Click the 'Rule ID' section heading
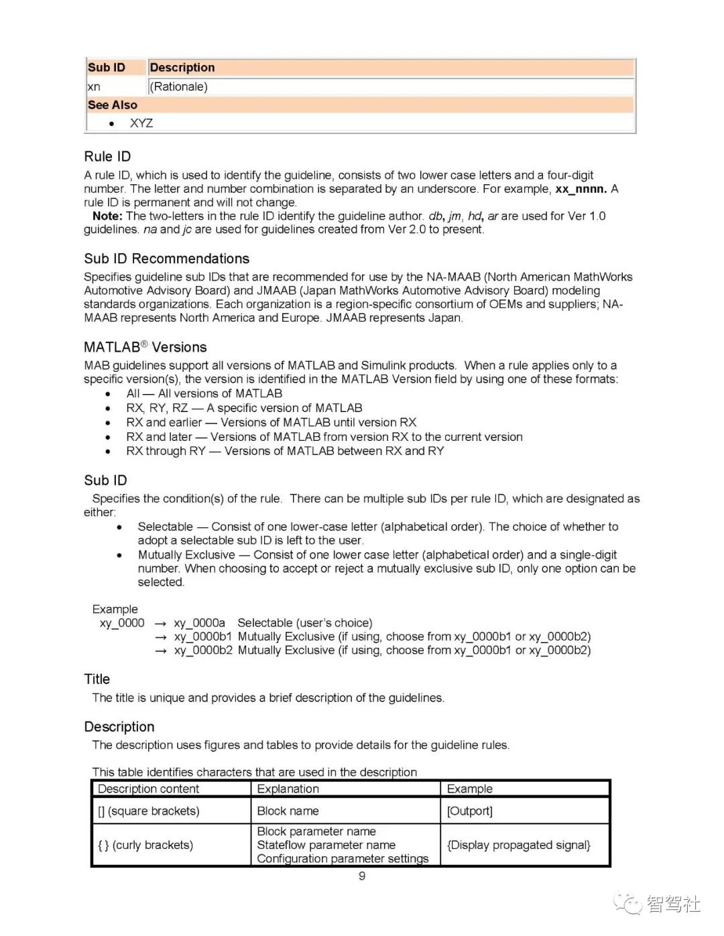tap(107, 156)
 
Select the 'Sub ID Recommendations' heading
tap(166, 259)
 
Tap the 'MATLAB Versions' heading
tap(145, 347)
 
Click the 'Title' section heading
tap(97, 679)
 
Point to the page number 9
tap(362, 876)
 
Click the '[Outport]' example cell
tap(469, 811)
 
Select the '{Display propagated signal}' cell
tap(518, 845)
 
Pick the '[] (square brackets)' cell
tap(148, 811)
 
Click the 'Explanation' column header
tap(288, 789)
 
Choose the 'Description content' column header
tap(148, 789)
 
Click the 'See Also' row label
tap(112, 105)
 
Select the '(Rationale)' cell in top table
tap(178, 86)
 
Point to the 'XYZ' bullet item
tap(141, 123)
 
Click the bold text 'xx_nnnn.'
tap(581, 189)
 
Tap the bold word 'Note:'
tap(107, 216)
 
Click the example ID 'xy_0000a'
tap(199, 623)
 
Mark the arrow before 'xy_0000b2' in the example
tap(160, 651)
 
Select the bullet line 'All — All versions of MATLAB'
tap(204, 393)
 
